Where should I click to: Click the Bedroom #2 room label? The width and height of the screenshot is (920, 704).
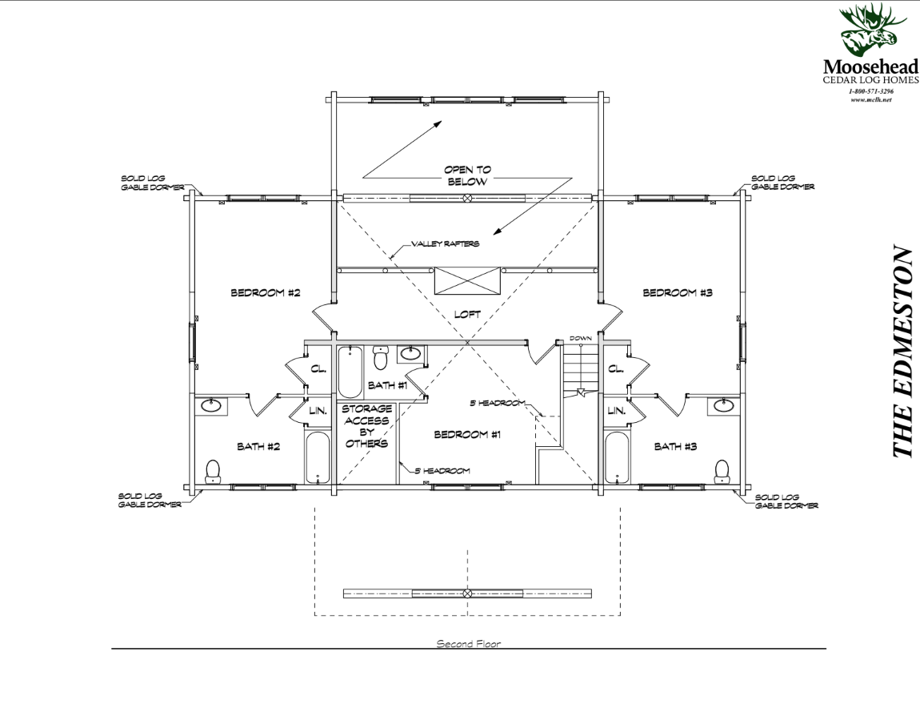tap(265, 293)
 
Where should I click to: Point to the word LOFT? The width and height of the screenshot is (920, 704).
tap(467, 315)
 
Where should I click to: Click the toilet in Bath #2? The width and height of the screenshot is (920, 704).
tap(213, 470)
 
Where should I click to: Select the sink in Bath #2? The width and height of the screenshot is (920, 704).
tap(211, 406)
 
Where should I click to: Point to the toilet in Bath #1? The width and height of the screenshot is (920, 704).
tap(381, 357)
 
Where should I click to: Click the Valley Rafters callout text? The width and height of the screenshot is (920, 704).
tap(445, 244)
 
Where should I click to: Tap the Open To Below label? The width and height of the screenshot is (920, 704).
tap(468, 176)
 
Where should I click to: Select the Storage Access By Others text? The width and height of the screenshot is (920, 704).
tap(366, 426)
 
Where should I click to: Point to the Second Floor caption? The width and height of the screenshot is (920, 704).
tap(468, 644)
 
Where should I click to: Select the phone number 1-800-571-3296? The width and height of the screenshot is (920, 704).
tap(871, 92)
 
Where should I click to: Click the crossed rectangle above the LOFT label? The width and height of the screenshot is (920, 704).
tap(467, 281)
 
